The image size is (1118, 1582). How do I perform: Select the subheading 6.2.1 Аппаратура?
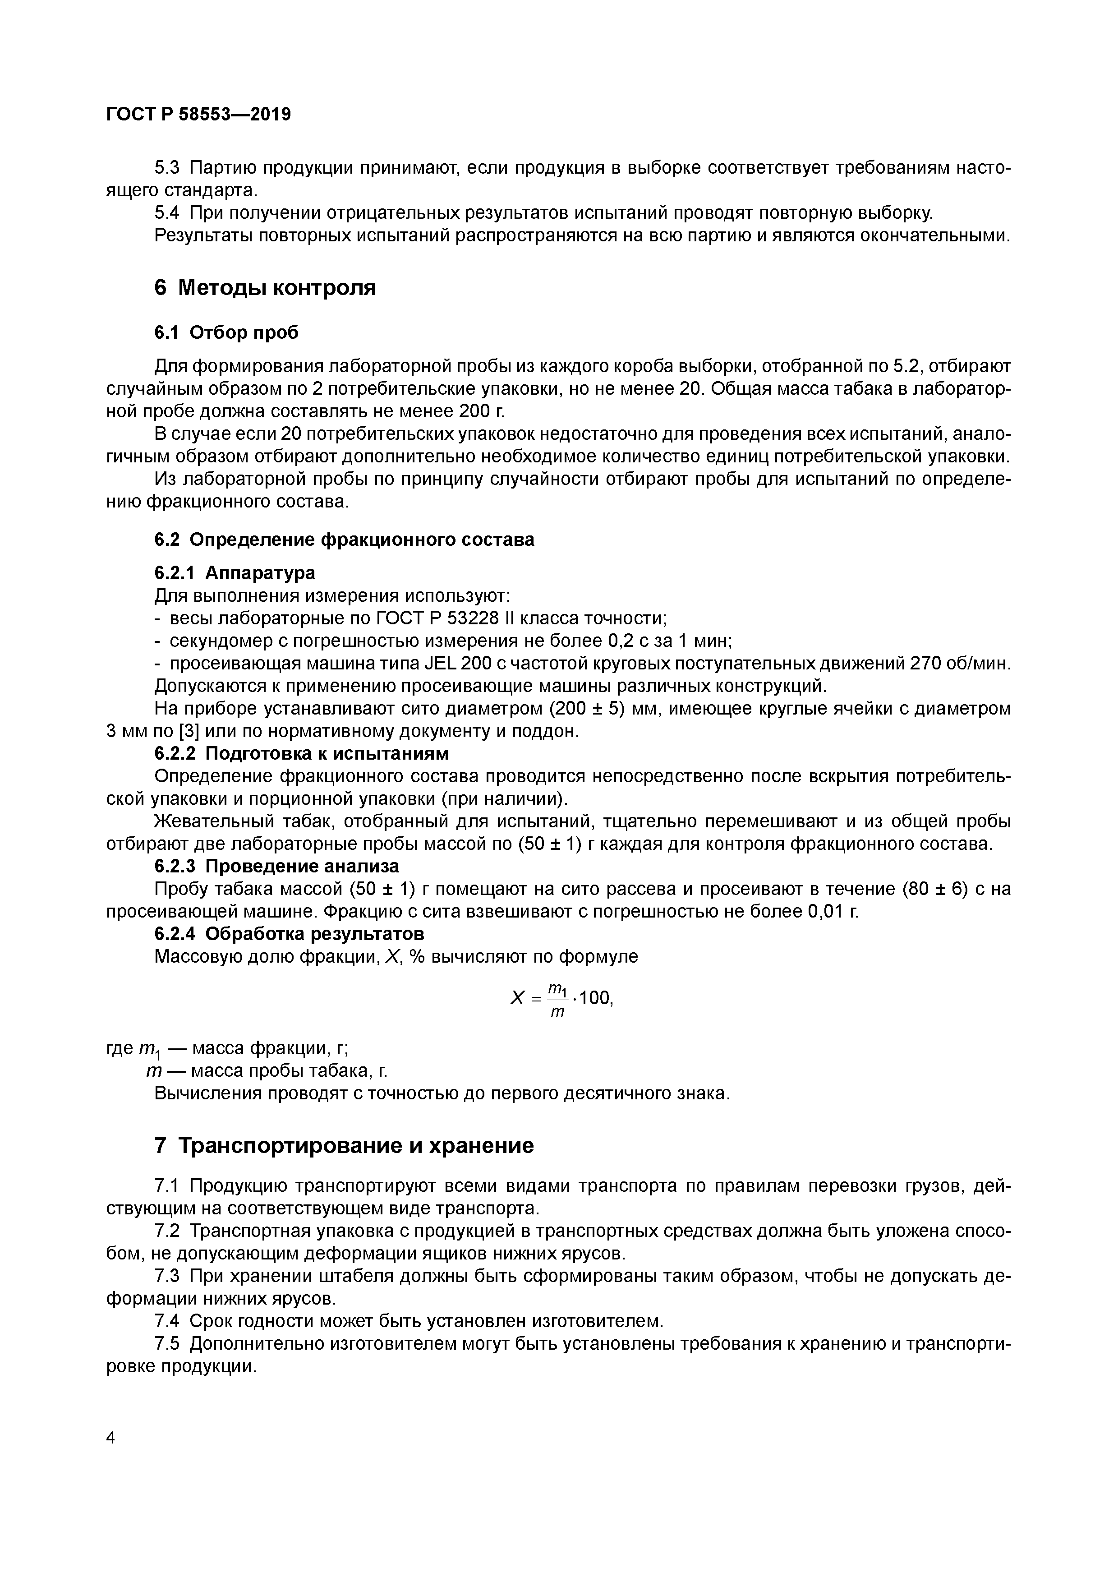pyautogui.click(x=234, y=572)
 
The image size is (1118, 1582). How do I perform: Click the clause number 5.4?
pyautogui.click(x=167, y=213)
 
